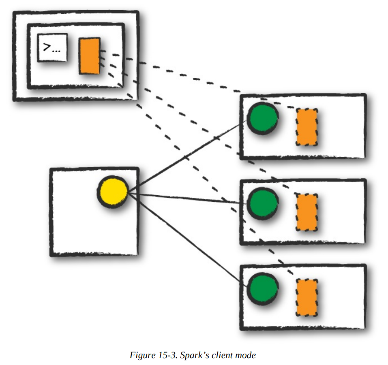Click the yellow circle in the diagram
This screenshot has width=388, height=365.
point(113,192)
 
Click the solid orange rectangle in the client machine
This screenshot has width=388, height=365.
point(90,56)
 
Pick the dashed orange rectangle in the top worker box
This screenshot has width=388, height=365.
point(307,127)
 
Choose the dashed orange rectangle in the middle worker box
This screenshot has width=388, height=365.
point(307,212)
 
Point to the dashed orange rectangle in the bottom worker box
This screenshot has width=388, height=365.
point(307,297)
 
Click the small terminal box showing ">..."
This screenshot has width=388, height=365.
point(52,48)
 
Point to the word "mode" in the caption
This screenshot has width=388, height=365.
point(247,355)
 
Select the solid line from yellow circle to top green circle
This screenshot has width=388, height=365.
point(186,156)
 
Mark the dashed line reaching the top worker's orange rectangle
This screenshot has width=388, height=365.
point(195,77)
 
